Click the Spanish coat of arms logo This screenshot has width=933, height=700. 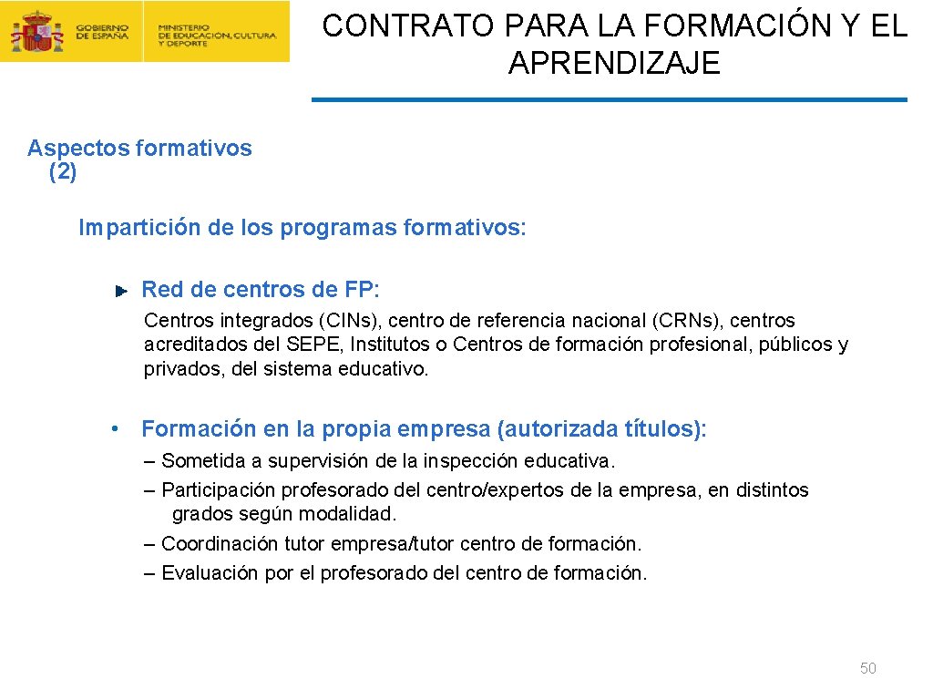pos(37,32)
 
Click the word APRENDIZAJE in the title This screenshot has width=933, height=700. pos(614,64)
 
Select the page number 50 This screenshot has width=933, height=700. pos(867,669)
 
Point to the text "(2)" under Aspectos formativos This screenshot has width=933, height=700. pos(63,171)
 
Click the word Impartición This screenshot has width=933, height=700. pos(138,227)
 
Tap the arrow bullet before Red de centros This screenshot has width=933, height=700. pos(120,291)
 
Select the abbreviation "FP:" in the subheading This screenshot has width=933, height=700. pos(362,290)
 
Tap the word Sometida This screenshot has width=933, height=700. pos(200,461)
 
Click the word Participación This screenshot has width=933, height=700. pos(218,490)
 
